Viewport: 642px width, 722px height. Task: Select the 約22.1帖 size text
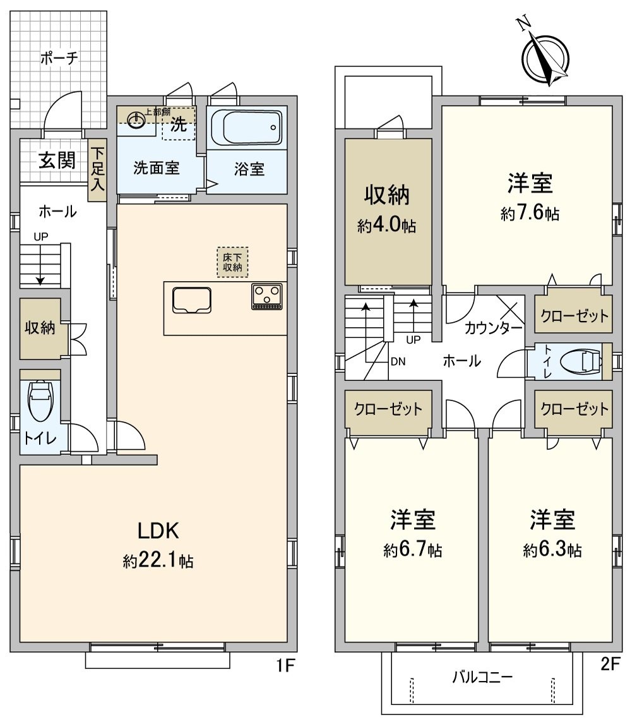click(x=158, y=561)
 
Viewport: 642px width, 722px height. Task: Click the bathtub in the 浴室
click(x=246, y=128)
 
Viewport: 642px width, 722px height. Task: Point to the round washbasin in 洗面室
click(x=136, y=120)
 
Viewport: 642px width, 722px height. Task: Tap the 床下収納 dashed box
click(x=233, y=262)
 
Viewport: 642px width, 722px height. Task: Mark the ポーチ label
click(x=59, y=59)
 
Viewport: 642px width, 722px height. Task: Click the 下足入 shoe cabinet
click(x=97, y=169)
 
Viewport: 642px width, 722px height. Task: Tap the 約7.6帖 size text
click(x=530, y=214)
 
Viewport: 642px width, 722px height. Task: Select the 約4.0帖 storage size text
click(x=386, y=226)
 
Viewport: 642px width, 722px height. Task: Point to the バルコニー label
click(x=482, y=678)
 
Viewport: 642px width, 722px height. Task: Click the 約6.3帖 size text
click(x=552, y=550)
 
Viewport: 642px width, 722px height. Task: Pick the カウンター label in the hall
click(x=493, y=328)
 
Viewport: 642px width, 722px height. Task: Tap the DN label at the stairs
click(x=398, y=362)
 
